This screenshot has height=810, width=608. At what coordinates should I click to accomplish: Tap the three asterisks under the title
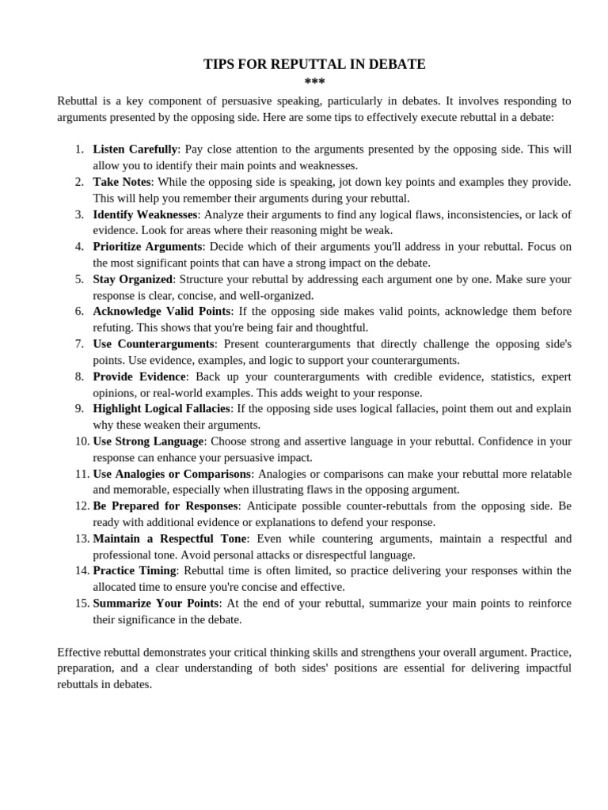(314, 82)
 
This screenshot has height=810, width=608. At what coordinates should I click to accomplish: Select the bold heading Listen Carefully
(135, 149)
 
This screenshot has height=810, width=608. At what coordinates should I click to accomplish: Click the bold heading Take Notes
(122, 182)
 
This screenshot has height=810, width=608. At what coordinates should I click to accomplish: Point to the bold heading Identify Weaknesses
(145, 214)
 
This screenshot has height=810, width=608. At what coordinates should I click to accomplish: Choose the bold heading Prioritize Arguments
(147, 246)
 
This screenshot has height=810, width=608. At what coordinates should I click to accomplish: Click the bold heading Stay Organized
(132, 278)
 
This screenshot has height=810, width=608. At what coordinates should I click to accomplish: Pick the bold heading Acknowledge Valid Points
(161, 311)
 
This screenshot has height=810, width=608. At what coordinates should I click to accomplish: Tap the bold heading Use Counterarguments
(154, 343)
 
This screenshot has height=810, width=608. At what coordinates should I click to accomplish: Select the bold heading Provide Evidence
(139, 376)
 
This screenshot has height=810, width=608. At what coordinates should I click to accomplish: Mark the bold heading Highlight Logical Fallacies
(161, 408)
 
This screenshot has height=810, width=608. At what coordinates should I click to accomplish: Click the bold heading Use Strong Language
(149, 441)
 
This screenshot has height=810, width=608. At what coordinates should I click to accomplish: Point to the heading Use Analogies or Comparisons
(172, 473)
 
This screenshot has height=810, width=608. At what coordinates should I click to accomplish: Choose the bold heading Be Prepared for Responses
(165, 505)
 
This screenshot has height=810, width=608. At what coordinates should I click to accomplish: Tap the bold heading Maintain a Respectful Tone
(170, 538)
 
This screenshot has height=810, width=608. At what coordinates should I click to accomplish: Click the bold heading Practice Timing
(135, 570)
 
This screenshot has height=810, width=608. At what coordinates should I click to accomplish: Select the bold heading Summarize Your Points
(155, 603)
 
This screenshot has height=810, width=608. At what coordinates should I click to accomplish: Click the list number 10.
(82, 441)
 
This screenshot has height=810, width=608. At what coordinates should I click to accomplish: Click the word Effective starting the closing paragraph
(80, 652)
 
